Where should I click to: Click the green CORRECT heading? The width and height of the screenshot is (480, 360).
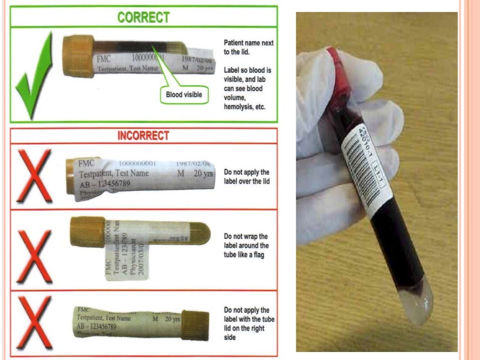143,17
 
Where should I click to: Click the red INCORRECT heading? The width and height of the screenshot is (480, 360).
143,136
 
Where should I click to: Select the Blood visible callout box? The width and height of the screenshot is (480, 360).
184,95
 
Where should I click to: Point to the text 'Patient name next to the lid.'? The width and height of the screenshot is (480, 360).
248,47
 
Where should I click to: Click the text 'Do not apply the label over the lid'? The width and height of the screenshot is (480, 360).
247,177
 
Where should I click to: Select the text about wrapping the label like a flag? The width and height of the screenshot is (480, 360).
247,246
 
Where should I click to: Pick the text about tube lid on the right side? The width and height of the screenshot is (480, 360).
249,324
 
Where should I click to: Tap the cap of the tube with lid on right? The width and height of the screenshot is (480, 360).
195,325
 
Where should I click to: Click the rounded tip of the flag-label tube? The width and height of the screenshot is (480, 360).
204,235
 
